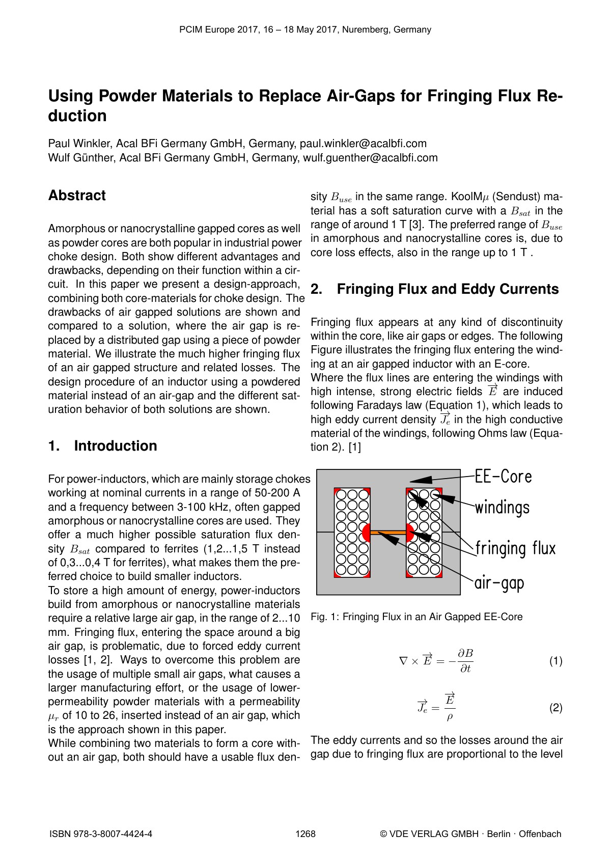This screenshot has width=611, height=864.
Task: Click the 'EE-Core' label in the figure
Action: (503, 477)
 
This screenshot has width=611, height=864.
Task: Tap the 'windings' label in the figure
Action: (502, 508)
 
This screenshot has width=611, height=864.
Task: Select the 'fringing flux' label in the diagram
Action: (515, 548)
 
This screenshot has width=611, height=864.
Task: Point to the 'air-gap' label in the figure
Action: (499, 582)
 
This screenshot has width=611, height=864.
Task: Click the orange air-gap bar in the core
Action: (388, 533)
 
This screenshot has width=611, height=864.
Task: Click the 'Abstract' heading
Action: (77, 196)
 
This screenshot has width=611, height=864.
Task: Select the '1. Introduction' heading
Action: (102, 446)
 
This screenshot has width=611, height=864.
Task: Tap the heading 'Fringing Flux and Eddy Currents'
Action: (448, 289)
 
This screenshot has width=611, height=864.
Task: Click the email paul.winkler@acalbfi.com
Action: (363, 144)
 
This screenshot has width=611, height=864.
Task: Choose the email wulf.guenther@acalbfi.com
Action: (370, 158)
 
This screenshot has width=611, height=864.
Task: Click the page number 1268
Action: (305, 834)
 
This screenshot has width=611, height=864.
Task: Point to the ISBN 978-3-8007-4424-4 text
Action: (101, 834)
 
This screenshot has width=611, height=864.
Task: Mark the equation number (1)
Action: (556, 661)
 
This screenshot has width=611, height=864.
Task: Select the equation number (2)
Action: (556, 708)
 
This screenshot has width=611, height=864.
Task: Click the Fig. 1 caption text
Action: (416, 617)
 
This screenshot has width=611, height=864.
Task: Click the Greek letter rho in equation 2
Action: (450, 717)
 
